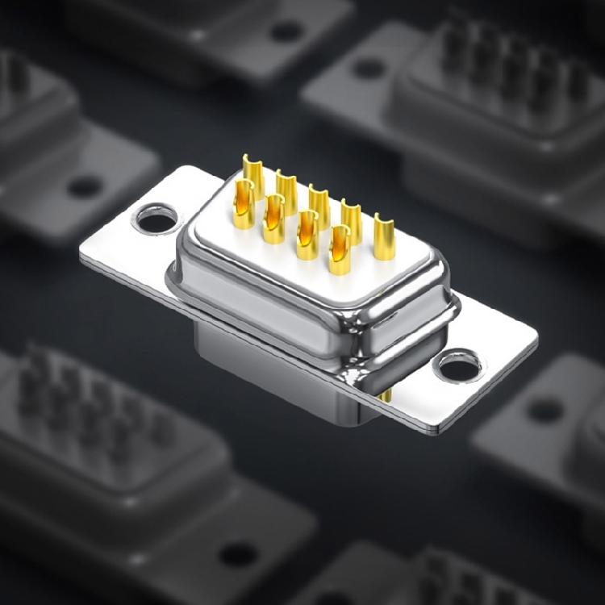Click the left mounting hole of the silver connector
[x=156, y=218]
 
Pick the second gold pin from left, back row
[x=286, y=189]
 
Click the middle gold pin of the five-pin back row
[x=319, y=203]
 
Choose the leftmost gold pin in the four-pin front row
[x=244, y=204]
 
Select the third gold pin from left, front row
[x=307, y=235]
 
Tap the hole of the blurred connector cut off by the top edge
[x=286, y=31]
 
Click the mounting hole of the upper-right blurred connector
[x=369, y=68]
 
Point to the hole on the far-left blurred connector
[x=84, y=187]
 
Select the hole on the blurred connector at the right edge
[x=545, y=410]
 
